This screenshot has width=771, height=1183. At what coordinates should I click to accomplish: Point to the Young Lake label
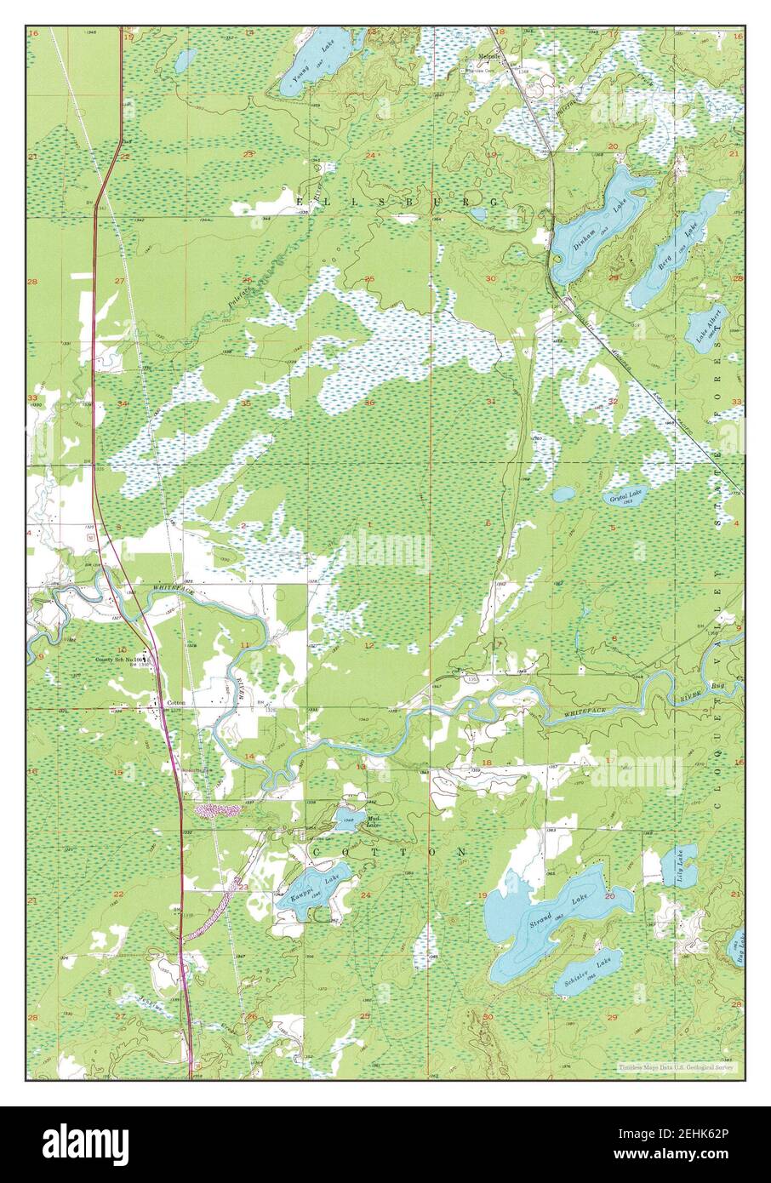(x=307, y=65)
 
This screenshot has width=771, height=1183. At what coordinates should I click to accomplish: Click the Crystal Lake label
(x=626, y=494)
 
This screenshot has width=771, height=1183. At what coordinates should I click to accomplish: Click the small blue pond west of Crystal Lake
(x=563, y=493)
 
